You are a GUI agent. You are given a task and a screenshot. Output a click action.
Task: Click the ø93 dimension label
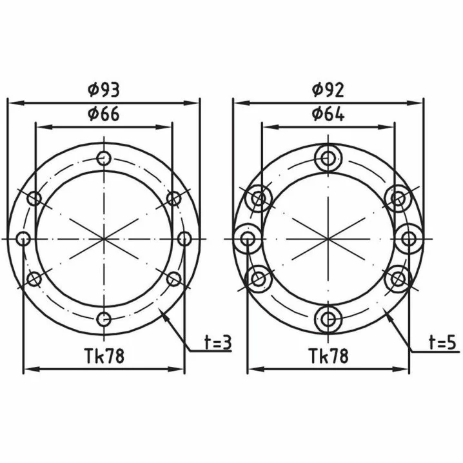(104, 90)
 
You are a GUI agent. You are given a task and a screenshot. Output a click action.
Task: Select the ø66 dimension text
(104, 114)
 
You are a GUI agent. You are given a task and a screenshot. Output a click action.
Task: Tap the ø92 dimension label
(328, 90)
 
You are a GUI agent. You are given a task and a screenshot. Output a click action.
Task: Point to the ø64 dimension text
(328, 114)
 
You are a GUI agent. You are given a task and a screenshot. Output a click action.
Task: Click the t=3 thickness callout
(218, 342)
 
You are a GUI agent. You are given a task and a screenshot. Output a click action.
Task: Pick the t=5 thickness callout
(443, 342)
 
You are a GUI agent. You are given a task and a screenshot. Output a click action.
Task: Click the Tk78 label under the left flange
(104, 356)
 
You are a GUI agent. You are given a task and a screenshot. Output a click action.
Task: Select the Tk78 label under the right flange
(329, 356)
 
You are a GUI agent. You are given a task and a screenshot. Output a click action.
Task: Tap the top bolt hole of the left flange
(104, 159)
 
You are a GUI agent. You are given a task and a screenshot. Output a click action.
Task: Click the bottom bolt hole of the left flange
(104, 319)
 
